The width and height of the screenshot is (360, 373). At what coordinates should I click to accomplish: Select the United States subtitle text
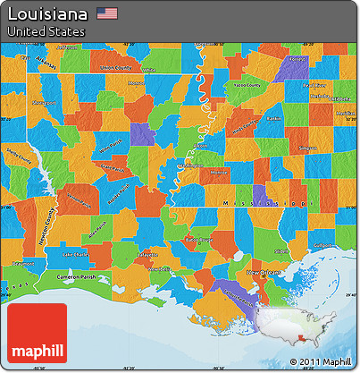(46, 31)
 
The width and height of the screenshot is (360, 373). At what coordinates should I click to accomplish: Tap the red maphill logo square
(37, 334)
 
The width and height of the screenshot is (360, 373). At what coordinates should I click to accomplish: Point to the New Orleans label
(264, 270)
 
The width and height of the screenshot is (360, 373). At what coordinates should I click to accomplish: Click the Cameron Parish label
(81, 277)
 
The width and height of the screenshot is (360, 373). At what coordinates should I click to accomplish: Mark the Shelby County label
(19, 155)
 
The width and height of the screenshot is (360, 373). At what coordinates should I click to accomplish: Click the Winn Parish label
(111, 145)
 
